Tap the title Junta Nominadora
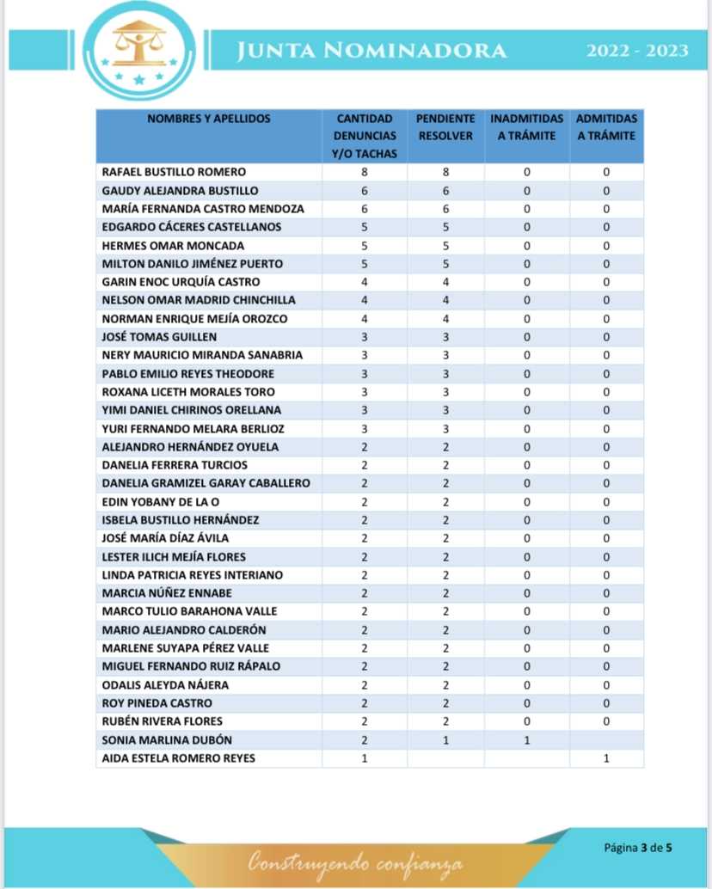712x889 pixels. coord(371,52)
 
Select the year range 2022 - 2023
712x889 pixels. coord(637,52)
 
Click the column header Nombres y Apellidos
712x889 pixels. coord(209,119)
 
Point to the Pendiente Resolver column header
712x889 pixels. coord(445,127)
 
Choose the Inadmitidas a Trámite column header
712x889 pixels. coord(526,127)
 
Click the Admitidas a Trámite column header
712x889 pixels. coord(606,127)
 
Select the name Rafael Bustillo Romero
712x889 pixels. coord(174,172)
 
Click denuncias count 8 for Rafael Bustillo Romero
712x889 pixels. coord(365,172)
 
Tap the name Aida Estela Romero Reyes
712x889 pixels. coord(178,758)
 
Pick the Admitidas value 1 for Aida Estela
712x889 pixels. coord(606,758)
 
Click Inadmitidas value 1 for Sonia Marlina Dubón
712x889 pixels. coord(526,740)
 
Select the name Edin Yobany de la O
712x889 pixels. coord(157,502)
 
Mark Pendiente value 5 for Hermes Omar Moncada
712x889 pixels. coord(445,246)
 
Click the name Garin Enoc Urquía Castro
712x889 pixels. coord(181,282)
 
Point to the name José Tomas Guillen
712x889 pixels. coord(159,337)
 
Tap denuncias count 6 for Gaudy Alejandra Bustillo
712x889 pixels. coord(365,191)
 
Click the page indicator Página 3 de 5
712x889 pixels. coord(637,847)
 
